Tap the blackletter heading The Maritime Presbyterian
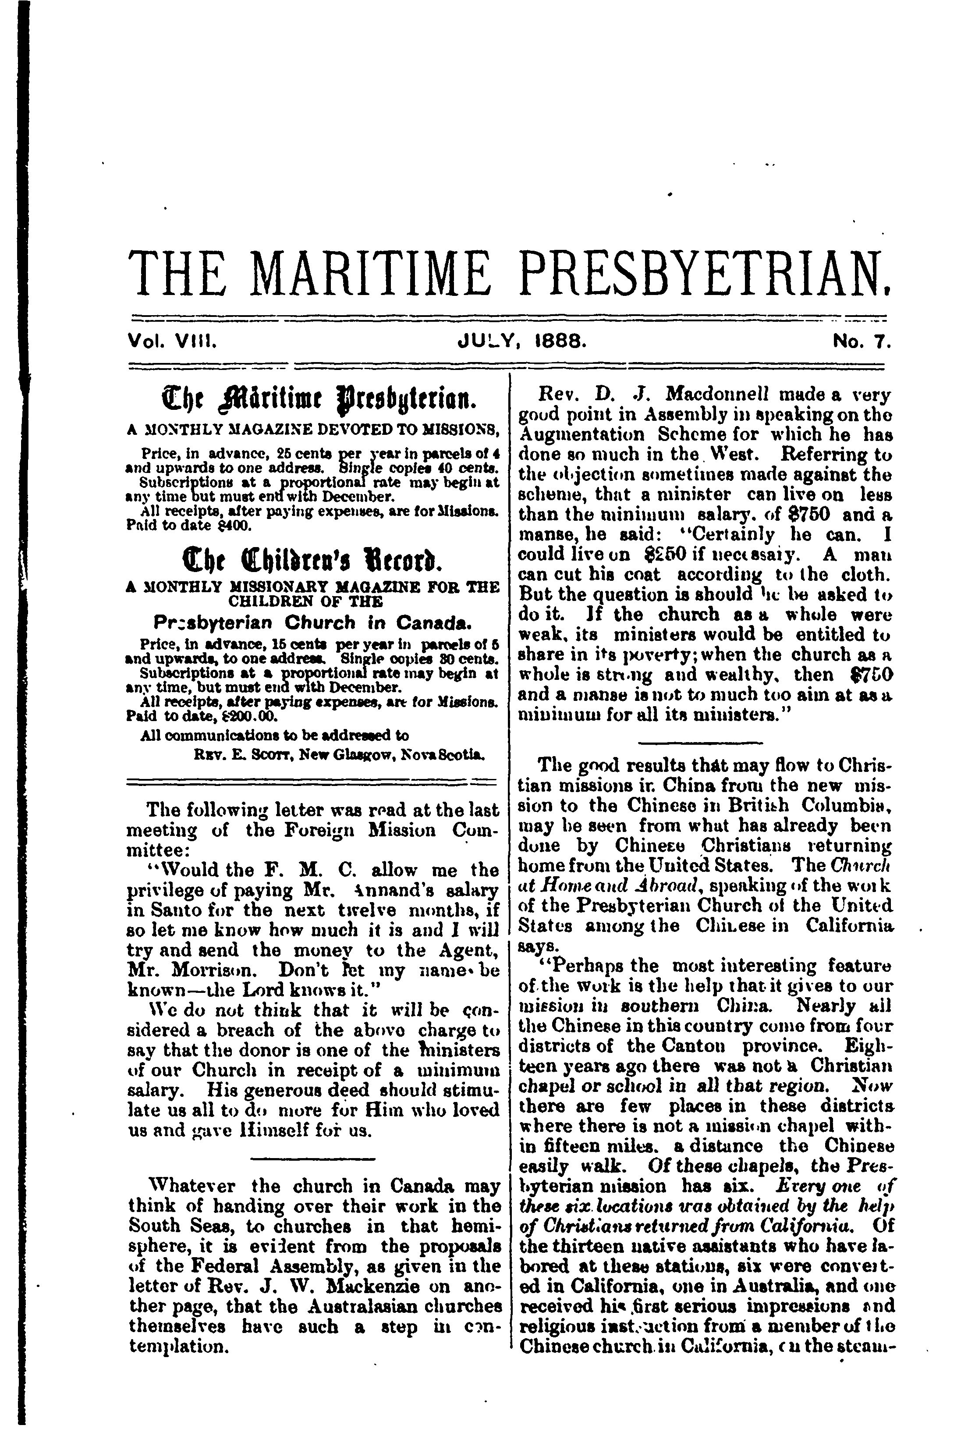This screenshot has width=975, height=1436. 312,400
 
